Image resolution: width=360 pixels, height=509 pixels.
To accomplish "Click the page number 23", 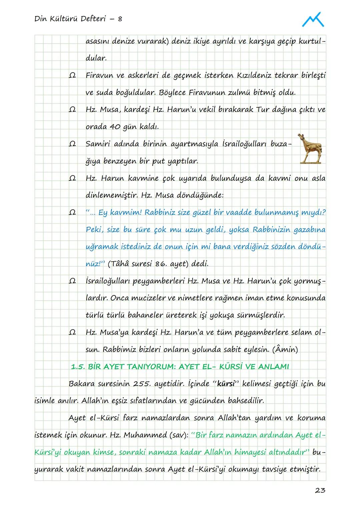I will click(x=320, y=490).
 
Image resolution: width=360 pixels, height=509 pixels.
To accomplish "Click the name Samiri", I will click(x=98, y=144).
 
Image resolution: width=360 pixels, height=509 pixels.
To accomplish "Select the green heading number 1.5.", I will click(x=78, y=367).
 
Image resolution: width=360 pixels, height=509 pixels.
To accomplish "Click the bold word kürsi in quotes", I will click(x=227, y=384).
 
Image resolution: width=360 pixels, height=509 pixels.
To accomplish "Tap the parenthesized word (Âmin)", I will click(x=285, y=349).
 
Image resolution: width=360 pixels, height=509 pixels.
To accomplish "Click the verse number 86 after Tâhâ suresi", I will click(x=161, y=264).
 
